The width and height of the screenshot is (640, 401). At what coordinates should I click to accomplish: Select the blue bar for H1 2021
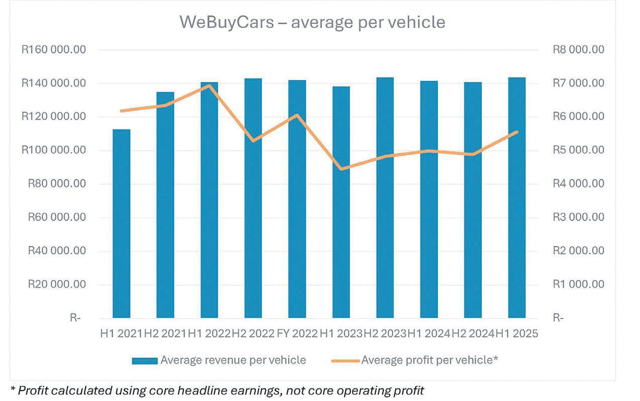(121, 224)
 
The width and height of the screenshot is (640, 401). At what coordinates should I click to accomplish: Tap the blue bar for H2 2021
(165, 205)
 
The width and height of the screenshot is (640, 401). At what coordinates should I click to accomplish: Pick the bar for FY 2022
(297, 199)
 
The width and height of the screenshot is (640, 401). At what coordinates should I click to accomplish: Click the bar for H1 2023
(341, 202)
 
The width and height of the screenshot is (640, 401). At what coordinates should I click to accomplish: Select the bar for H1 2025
(517, 198)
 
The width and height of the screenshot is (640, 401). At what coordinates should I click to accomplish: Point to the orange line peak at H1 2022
(209, 85)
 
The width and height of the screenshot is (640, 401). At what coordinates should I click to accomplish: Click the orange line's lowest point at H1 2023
(341, 169)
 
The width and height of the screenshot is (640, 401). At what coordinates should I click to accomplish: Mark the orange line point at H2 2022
(253, 141)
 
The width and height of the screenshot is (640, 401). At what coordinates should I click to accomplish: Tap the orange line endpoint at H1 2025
(517, 132)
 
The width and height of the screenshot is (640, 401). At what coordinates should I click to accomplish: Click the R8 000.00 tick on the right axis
(578, 50)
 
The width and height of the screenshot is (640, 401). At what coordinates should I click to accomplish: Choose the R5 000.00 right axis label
(578, 150)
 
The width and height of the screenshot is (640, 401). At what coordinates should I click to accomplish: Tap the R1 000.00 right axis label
(578, 285)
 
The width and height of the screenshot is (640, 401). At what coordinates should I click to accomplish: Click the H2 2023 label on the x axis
(385, 334)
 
